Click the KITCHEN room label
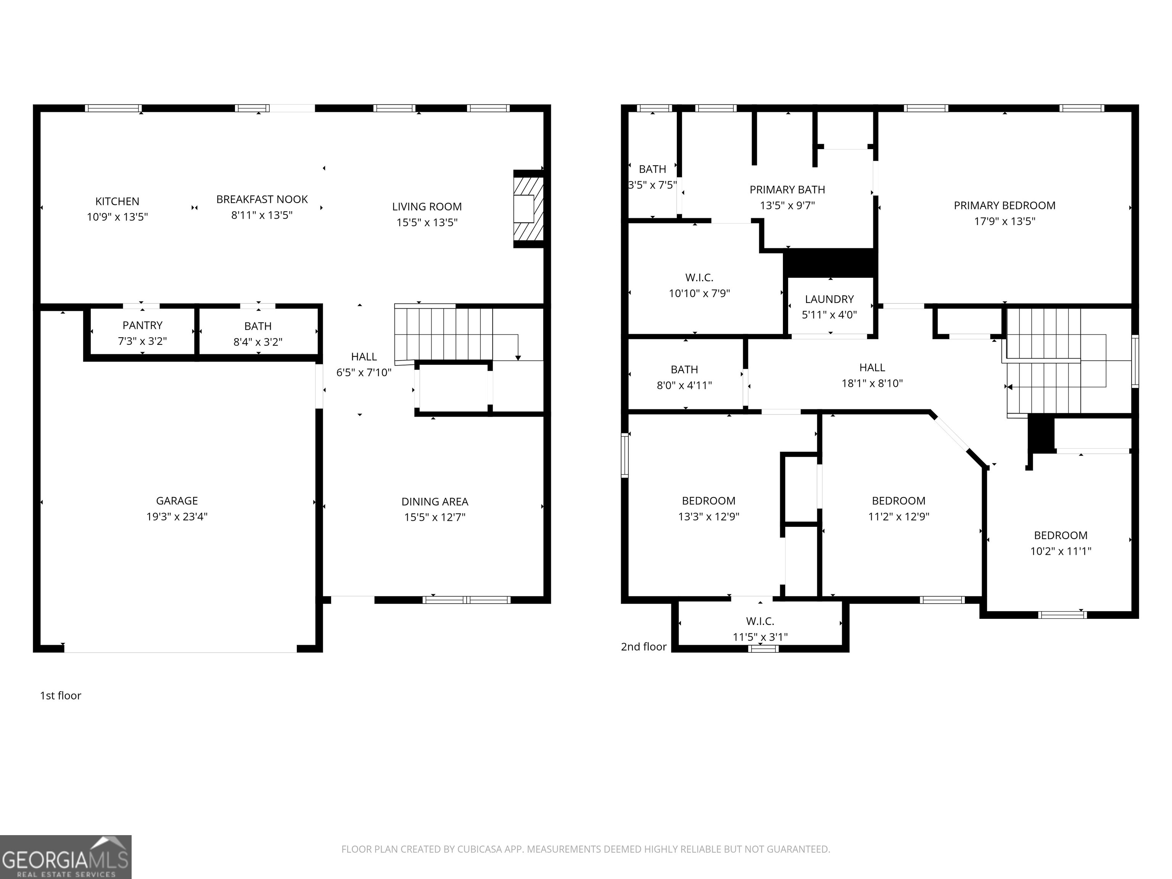click(117, 201)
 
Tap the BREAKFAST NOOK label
click(262, 199)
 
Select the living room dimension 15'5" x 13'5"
click(427, 222)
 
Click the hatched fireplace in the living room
click(528, 209)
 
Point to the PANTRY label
click(143, 325)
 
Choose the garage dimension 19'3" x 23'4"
click(177, 517)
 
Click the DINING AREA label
click(435, 502)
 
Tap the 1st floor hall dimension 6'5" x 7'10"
click(364, 372)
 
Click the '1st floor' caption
click(60, 695)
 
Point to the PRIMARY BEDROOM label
click(1005, 206)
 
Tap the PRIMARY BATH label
click(787, 190)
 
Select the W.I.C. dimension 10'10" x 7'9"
click(699, 293)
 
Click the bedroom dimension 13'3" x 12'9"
click(709, 517)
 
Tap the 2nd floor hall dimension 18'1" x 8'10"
click(872, 383)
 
